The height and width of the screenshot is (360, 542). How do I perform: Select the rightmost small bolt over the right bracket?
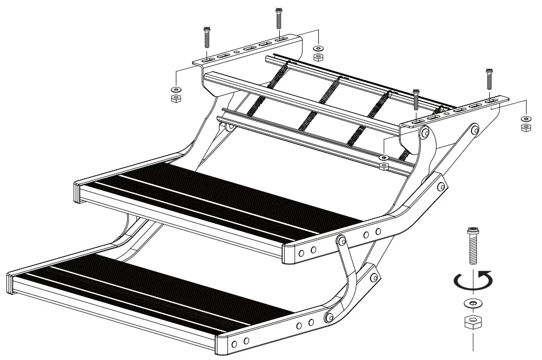(x=489, y=79)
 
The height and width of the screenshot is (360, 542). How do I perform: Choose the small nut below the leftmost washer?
(x=175, y=98)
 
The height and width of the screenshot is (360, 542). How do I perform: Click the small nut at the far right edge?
(x=525, y=127)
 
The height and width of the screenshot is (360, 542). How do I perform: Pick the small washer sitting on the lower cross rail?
(x=382, y=158)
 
